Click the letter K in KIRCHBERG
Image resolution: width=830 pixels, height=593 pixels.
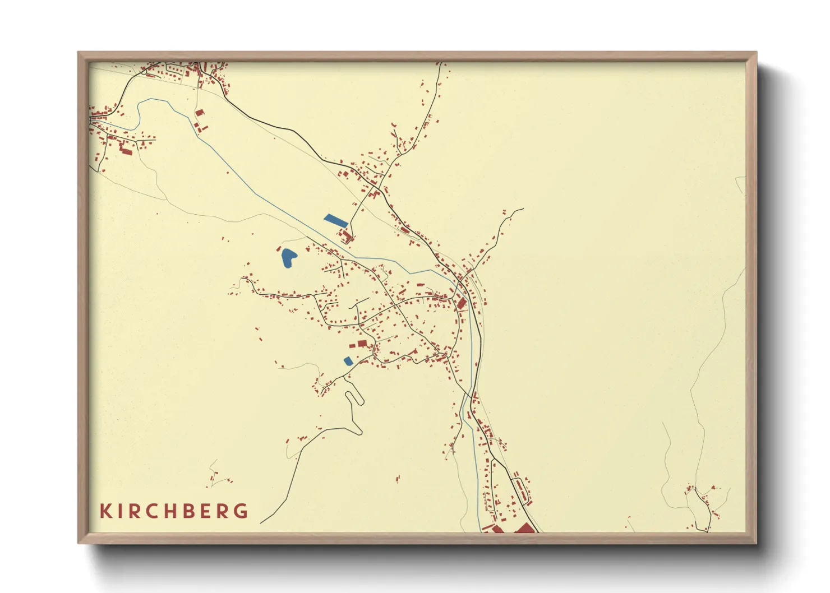(105, 511)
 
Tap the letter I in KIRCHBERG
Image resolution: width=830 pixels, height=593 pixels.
(120, 511)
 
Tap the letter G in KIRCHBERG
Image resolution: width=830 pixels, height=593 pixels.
(241, 511)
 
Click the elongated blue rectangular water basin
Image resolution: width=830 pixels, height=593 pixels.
(336, 220)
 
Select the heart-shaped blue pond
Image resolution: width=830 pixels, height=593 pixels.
(288, 257)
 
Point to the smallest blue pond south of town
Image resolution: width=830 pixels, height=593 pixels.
(348, 361)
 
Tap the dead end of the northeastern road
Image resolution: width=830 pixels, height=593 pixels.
(523, 209)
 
